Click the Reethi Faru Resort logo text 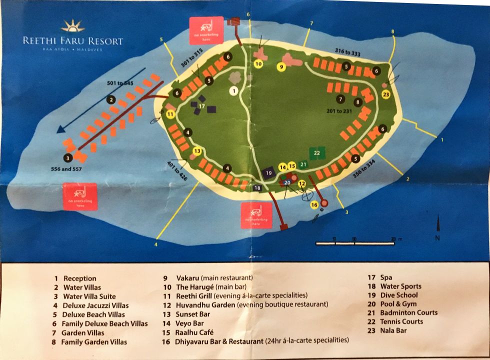point(73,41)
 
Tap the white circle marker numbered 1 point(233,90)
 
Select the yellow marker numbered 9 point(281,66)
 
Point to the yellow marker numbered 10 point(258,64)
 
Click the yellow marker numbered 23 point(386,94)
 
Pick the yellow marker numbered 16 point(314,204)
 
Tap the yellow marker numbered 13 point(197,151)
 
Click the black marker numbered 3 point(68,157)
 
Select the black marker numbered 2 point(111,99)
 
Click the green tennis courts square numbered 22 point(317,152)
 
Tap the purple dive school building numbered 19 point(268,173)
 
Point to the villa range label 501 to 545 point(120,83)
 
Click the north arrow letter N point(437,238)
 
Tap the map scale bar point(355,243)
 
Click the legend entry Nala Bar point(393,330)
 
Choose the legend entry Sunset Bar point(193,314)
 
